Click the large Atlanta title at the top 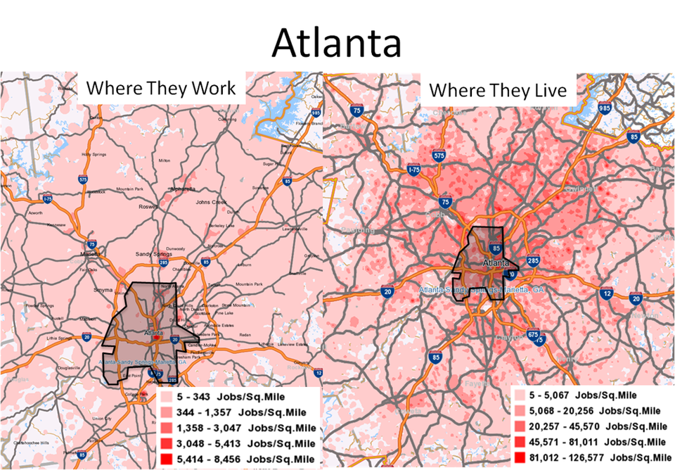[337, 42]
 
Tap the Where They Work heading [161, 89]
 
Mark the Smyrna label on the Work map [103, 289]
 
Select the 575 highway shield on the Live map [440, 155]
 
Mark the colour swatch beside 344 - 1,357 [165, 412]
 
